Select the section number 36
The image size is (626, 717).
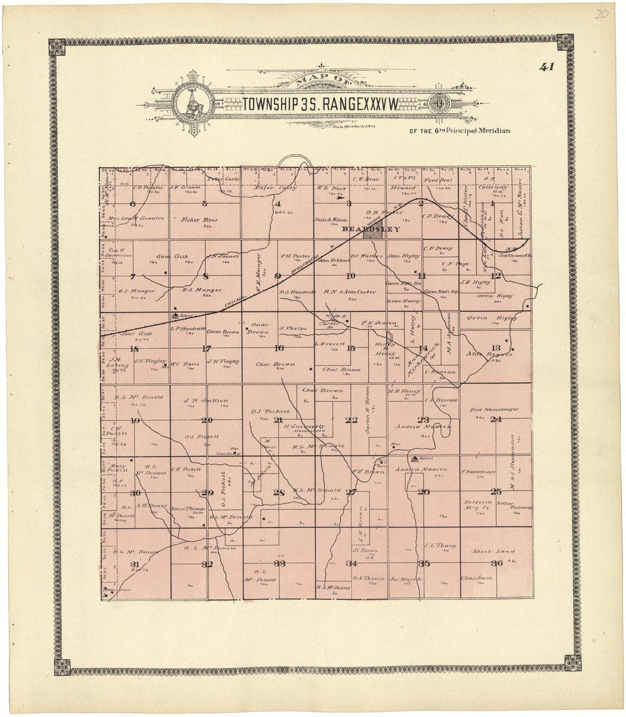click(496, 563)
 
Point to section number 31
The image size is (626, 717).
click(135, 563)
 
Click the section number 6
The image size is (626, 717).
click(133, 204)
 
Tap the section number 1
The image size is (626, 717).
click(492, 203)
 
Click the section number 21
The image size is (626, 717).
click(278, 420)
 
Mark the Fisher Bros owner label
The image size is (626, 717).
click(195, 219)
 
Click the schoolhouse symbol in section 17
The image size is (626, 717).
click(175, 316)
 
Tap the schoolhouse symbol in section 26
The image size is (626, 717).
click(415, 458)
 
